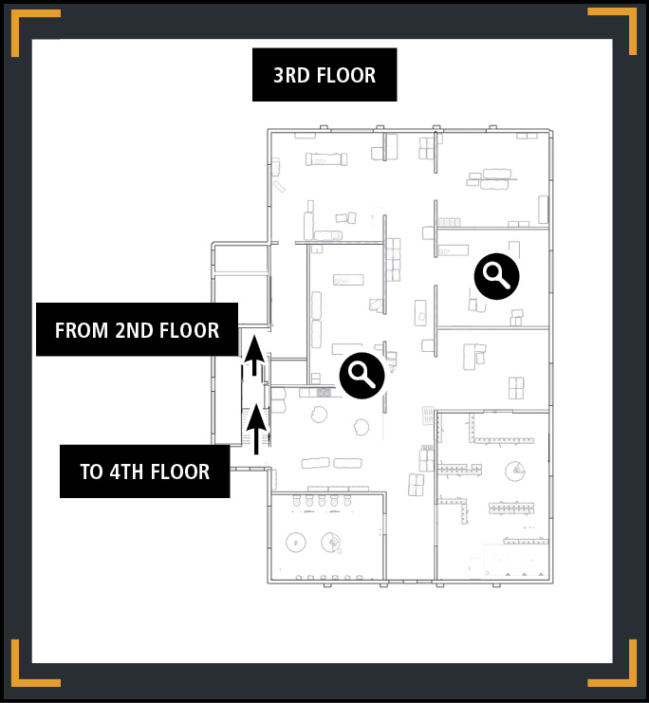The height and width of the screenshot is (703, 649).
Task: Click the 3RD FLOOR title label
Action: coord(324,75)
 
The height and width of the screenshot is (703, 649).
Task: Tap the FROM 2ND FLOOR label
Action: coord(137,329)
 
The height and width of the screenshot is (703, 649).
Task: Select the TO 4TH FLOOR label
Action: coord(145,472)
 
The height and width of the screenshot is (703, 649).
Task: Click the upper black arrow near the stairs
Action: coord(254,355)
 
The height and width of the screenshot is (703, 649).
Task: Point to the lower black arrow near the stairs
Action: coord(256,429)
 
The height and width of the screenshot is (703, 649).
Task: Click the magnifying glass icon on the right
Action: coord(496,276)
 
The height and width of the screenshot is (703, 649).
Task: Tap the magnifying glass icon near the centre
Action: coord(362,376)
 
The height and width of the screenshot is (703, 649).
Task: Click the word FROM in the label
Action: coord(82,330)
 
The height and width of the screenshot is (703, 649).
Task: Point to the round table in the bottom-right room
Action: coord(515,472)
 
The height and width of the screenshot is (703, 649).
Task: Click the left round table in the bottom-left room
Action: coord(296,542)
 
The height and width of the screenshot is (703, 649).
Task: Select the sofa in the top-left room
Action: coord(326,159)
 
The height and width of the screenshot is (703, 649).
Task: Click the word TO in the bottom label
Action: coord(90,472)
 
